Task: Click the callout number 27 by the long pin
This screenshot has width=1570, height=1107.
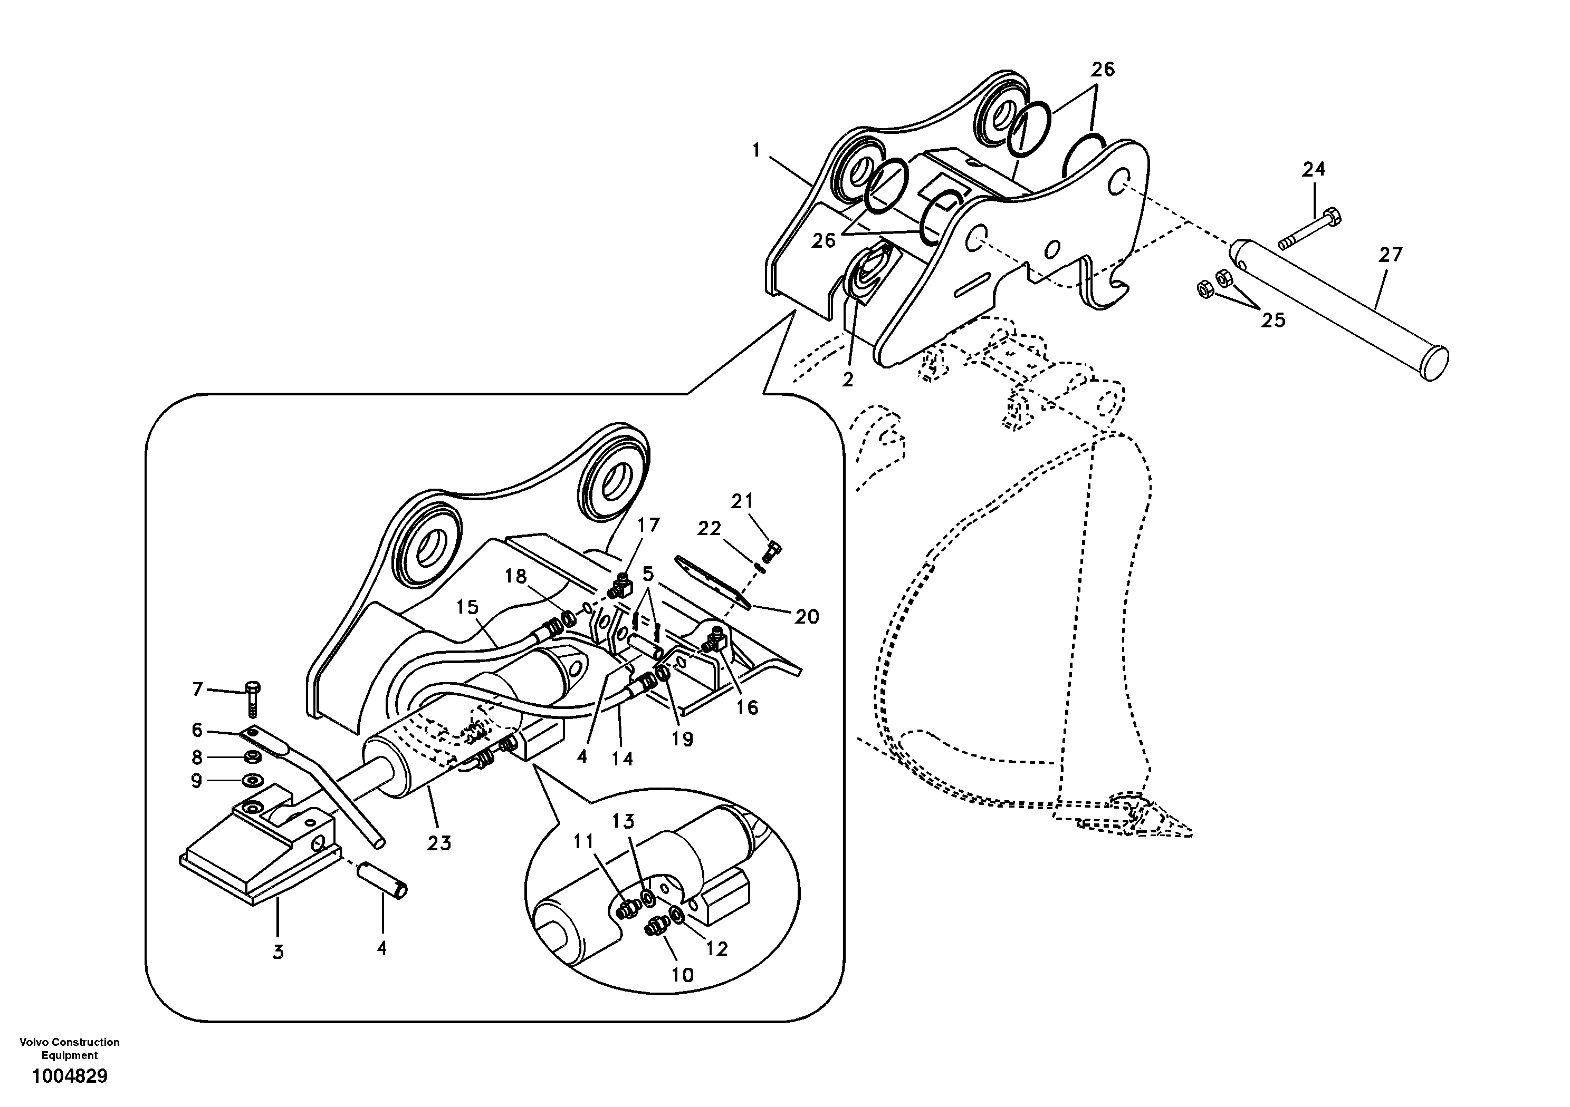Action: pos(1390,255)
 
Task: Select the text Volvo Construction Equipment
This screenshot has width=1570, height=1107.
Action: pos(70,1049)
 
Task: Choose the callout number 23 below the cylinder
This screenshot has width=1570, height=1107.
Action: pos(439,843)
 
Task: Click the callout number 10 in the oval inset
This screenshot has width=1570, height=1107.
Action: pos(683,975)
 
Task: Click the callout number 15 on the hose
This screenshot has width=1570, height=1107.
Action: pos(468,607)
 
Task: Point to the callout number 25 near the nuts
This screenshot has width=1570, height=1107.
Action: pos(1273,320)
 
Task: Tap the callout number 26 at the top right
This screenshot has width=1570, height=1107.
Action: pos(1102,69)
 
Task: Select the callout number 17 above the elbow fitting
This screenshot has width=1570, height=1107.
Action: pos(648,525)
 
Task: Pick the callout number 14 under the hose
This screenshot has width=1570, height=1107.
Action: pos(623,758)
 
